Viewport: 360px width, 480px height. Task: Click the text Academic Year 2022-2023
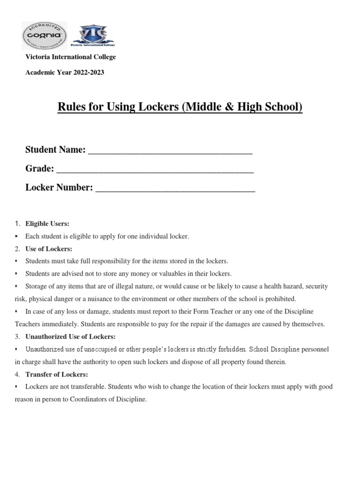click(65, 73)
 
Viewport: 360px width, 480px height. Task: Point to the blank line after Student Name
click(170, 150)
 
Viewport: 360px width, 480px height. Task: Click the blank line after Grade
click(155, 169)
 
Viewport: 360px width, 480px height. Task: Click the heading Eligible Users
click(47, 224)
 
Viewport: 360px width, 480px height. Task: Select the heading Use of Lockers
click(49, 249)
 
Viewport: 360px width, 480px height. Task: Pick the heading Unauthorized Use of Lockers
click(70, 337)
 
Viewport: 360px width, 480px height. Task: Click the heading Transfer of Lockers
click(57, 375)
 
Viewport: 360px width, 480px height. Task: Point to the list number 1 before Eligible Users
click(17, 224)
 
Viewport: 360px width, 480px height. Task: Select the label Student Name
click(55, 150)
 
